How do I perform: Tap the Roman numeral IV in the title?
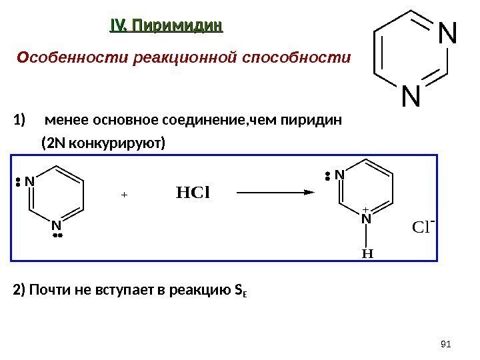click(x=117, y=26)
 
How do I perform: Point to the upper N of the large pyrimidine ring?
click(x=446, y=35)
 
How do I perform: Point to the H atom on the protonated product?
click(x=365, y=253)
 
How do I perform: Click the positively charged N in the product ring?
click(x=365, y=218)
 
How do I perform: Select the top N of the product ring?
click(x=339, y=175)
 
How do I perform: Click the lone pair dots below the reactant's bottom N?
click(x=57, y=235)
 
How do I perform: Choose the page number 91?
click(x=447, y=343)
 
